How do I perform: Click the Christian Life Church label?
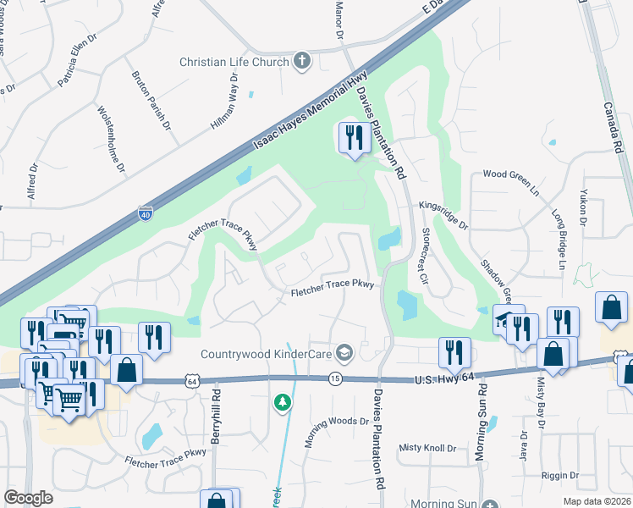pos(234,62)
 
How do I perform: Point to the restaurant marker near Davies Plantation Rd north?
pos(354,137)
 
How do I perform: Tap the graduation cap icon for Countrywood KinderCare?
pos(344,351)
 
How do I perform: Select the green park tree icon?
pos(283,403)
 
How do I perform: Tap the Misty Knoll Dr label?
pos(427,447)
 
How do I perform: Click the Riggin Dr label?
pos(561,476)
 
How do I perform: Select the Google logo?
pos(29,497)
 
